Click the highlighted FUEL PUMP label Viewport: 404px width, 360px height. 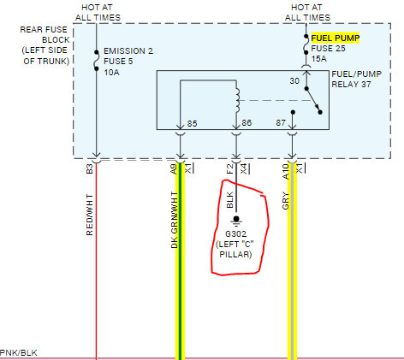point(336,38)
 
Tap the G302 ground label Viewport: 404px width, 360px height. point(235,234)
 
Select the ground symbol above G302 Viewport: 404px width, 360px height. point(236,220)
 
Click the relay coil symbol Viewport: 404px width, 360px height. point(237,100)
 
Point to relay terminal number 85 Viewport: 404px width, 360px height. point(192,124)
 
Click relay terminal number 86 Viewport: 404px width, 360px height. point(247,123)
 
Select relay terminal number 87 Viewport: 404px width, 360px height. point(281,123)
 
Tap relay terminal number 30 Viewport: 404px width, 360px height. point(294,81)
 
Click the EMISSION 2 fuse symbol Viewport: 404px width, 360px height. point(97,61)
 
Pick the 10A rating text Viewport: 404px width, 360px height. point(111,73)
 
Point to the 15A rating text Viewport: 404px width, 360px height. point(318,59)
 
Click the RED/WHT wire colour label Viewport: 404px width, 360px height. point(90,215)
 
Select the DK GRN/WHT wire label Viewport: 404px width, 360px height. point(175,220)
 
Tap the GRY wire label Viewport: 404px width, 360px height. point(286,201)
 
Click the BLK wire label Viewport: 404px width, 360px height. point(230,200)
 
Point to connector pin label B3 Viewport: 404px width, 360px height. point(90,168)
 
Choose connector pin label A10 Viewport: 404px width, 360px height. point(286,172)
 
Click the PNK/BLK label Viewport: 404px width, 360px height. point(19,353)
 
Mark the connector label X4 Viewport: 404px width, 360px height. point(245,168)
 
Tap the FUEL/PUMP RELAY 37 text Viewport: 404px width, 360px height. point(357,80)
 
